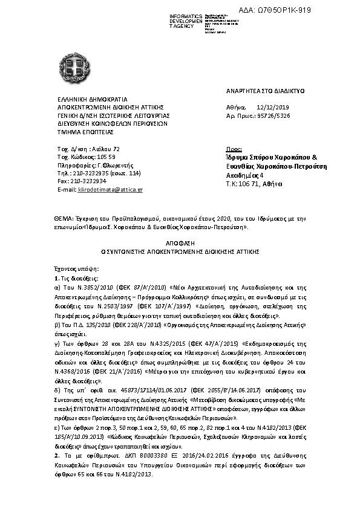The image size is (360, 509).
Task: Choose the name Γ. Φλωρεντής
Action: click(x=106, y=164)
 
